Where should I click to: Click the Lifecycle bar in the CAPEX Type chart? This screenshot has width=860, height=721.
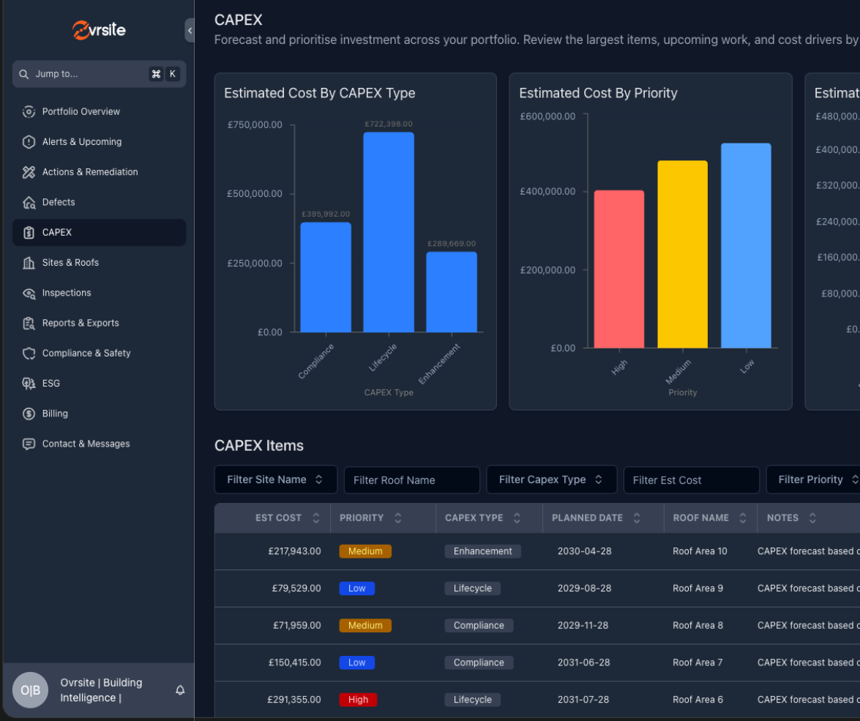coord(388,232)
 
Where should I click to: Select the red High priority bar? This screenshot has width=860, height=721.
coord(618,269)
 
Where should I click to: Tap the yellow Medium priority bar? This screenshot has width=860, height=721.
coord(682,254)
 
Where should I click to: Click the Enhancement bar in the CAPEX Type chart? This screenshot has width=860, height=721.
coord(451,292)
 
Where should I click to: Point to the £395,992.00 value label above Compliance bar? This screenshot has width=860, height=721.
coord(326,214)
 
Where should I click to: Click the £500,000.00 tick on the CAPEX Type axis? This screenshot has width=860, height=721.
coord(254,194)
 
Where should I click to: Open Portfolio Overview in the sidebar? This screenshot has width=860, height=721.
coord(81,112)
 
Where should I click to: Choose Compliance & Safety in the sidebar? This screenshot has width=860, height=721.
coord(86,354)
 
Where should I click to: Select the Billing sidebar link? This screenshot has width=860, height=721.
coord(55,414)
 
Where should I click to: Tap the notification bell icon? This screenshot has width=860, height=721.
coord(180,690)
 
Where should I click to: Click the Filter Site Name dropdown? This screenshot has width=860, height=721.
coord(275,479)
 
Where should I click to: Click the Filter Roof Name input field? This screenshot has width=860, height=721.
coord(411,480)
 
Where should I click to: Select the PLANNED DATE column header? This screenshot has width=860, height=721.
coord(587,518)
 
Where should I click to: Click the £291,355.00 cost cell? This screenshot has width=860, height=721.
coord(294,700)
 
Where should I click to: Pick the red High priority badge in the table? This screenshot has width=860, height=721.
coord(358,700)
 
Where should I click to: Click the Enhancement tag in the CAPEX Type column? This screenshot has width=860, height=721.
coord(482,551)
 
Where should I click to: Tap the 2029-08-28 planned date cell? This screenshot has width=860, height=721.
coord(584,589)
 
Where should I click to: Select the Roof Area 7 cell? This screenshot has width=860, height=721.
coord(698,662)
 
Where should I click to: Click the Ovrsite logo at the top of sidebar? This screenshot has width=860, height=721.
coord(99,30)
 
